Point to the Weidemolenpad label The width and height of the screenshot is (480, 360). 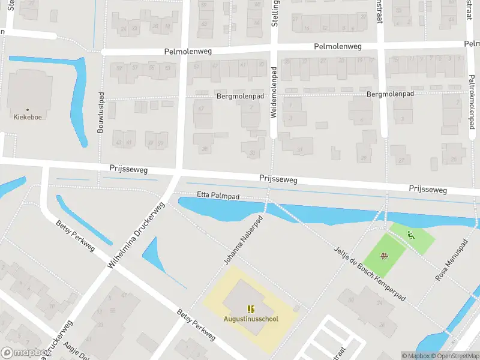point(274,92)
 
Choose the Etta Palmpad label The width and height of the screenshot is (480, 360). point(218,195)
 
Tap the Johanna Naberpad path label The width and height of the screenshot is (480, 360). point(244,241)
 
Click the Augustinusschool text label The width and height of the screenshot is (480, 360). point(251,319)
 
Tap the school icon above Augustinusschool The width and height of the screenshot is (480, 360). point(251,309)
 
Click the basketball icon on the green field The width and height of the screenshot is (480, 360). point(384,257)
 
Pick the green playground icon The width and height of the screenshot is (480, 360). point(411,235)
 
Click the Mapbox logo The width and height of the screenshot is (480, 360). point(25,353)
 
